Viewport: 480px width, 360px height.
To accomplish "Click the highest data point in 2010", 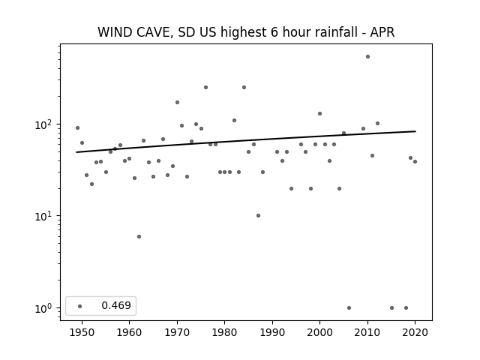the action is [x=367, y=57].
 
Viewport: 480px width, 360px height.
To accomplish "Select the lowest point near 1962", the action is [x=139, y=237].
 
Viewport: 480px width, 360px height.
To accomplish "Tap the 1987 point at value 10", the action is [x=258, y=216].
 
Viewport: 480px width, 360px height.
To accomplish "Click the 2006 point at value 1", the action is [x=349, y=308].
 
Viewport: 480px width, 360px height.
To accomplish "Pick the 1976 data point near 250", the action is [x=205, y=88].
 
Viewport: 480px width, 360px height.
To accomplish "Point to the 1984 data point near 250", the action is [x=244, y=88].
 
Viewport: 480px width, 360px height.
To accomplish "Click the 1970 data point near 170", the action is [x=177, y=103].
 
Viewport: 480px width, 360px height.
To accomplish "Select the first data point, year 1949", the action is [x=77, y=128].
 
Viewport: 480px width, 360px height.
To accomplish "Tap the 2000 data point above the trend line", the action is [x=320, y=113].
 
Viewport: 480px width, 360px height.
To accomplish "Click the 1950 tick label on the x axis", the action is [x=82, y=332].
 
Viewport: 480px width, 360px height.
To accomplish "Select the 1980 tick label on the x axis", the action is [x=224, y=332].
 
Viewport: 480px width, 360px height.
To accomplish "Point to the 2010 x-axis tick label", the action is [x=367, y=332].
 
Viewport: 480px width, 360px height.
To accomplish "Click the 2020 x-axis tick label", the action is [x=415, y=332].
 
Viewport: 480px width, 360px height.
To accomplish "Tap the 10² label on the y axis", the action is [x=45, y=124].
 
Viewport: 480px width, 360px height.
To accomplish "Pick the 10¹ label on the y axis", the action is [x=45, y=216].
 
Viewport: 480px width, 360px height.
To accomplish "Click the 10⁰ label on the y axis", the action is [x=45, y=308].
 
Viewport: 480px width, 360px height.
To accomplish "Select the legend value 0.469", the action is [x=116, y=305].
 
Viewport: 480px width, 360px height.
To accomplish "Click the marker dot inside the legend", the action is [x=80, y=306].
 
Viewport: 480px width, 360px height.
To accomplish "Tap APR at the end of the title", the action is [x=382, y=32].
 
